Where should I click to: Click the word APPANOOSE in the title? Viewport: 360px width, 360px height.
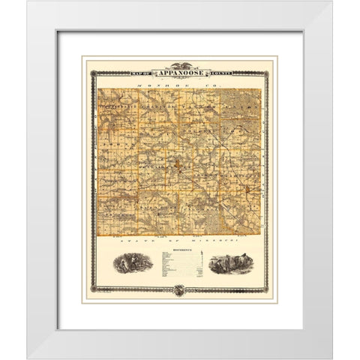[180, 73]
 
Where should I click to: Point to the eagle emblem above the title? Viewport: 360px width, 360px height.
[180, 66]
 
